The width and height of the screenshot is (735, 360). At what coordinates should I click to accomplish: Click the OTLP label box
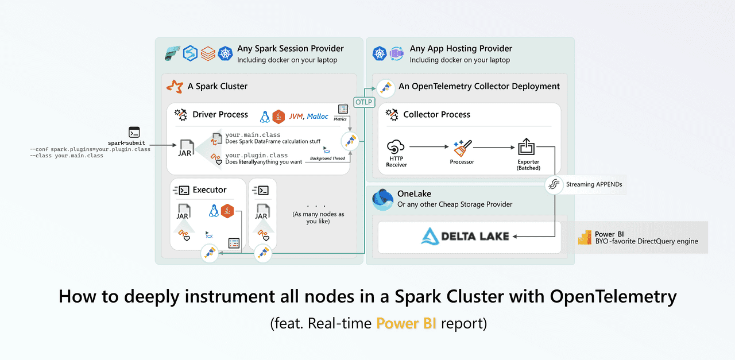pyautogui.click(x=364, y=102)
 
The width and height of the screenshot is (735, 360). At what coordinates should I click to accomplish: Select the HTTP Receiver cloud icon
pyautogui.click(x=396, y=147)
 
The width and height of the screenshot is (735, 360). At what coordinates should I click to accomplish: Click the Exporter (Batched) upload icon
pyautogui.click(x=527, y=146)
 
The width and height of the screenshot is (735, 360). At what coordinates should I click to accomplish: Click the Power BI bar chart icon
pyautogui.click(x=585, y=238)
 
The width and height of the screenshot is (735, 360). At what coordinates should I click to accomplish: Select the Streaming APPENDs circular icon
pyautogui.click(x=554, y=184)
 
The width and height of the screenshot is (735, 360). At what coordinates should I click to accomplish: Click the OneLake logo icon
pyautogui.click(x=383, y=199)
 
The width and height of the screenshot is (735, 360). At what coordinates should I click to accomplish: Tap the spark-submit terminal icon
pyautogui.click(x=134, y=132)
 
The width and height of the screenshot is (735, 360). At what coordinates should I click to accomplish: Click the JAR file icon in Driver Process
pyautogui.click(x=184, y=148)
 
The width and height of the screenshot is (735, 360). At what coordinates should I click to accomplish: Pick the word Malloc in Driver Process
pyautogui.click(x=318, y=116)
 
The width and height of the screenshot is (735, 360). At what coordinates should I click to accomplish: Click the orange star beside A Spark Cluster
pyautogui.click(x=175, y=86)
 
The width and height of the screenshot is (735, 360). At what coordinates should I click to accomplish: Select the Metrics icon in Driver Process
pyautogui.click(x=343, y=110)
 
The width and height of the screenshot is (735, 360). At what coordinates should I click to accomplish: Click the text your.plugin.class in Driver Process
pyautogui.click(x=257, y=155)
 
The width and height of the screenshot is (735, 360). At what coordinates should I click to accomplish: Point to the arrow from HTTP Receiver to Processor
pyautogui.click(x=428, y=147)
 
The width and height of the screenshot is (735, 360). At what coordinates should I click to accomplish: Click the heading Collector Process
pyautogui.click(x=436, y=114)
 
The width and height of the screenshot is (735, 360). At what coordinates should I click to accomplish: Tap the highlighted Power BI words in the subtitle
pyautogui.click(x=406, y=323)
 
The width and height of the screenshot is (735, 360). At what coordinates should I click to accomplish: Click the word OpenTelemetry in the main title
pyautogui.click(x=613, y=296)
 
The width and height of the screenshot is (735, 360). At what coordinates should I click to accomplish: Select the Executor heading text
pyautogui.click(x=210, y=189)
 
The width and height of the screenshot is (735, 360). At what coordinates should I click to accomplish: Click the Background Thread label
pyautogui.click(x=327, y=158)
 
